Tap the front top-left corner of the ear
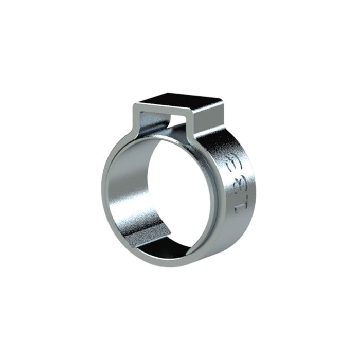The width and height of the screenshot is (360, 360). (x=135, y=105)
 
